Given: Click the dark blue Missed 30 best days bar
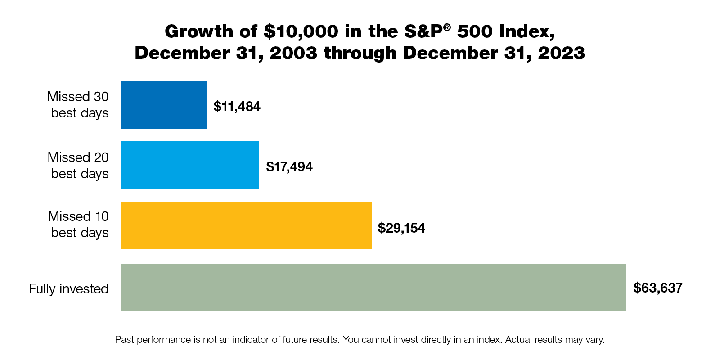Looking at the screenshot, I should (x=164, y=105).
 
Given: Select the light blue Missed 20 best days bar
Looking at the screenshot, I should (x=190, y=165).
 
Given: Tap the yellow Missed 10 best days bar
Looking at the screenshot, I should (x=246, y=225).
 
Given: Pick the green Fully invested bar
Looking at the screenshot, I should (x=373, y=288).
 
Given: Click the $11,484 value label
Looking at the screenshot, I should (x=237, y=107).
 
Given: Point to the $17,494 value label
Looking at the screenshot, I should (x=289, y=167).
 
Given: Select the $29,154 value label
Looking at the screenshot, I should (x=401, y=228).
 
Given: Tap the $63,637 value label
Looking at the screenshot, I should (x=657, y=288).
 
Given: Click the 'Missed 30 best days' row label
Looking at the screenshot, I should (x=78, y=105).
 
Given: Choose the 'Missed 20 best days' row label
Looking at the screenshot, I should (x=78, y=166).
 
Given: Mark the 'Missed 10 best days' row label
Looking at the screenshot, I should (x=79, y=225).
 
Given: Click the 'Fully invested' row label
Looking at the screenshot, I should (x=69, y=288).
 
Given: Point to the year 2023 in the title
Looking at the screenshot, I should (x=561, y=53).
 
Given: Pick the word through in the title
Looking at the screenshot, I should (x=360, y=53).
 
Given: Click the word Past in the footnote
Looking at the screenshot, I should (x=124, y=340).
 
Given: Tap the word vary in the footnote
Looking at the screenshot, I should (x=594, y=340).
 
